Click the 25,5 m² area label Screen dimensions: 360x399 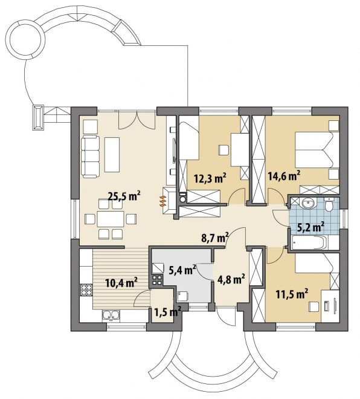click(124, 196)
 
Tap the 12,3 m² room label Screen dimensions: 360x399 click(210, 178)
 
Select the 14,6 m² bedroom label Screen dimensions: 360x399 click(284, 175)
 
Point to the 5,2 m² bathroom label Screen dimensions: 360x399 click(310, 227)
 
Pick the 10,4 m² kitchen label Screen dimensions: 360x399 click(121, 282)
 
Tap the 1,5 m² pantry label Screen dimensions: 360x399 click(168, 311)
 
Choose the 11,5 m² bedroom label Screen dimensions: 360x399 click(292, 294)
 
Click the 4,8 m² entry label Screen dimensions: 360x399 click(231, 279)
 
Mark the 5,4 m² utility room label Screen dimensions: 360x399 click(182, 270)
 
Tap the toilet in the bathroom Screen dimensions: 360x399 click(329, 204)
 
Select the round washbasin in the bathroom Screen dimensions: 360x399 click(308, 203)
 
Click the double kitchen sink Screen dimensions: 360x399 click(111, 315)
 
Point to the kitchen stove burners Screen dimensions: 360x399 click(86, 290)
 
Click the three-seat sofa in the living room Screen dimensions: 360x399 click(91, 157)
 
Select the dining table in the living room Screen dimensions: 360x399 click(111, 219)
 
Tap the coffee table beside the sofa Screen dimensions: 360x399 click(112, 155)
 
